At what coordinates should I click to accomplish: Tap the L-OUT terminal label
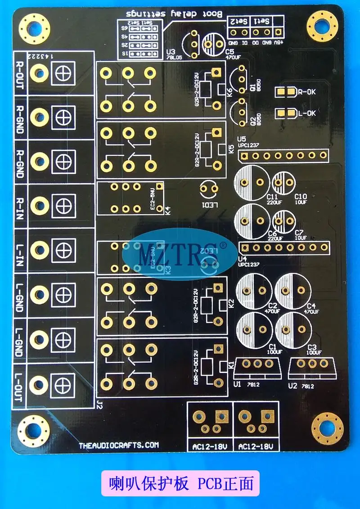click(x=20, y=382)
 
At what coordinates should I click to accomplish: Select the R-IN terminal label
click(x=20, y=206)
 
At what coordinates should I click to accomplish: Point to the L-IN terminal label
click(x=20, y=250)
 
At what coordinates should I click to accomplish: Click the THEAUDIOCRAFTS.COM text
click(x=119, y=445)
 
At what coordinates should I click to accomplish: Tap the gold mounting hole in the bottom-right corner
click(x=328, y=428)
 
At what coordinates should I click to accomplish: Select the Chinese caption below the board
click(x=180, y=484)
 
